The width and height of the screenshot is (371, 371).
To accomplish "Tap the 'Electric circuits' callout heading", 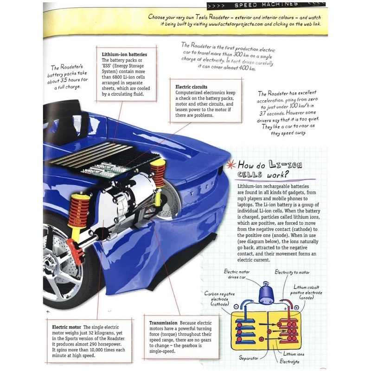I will pos(191,87).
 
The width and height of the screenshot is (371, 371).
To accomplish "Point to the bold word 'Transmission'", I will pos(163,323).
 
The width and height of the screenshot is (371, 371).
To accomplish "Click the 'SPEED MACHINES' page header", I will pos(268,5).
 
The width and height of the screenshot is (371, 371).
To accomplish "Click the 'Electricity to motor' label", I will pos(292,272).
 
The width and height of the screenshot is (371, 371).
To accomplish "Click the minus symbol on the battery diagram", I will pos(237,307).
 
